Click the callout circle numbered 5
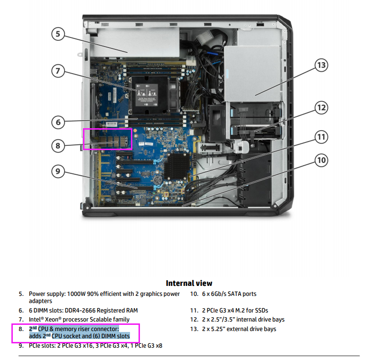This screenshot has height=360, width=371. pyautogui.click(x=58, y=35)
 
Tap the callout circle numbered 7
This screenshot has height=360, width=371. pyautogui.click(x=58, y=71)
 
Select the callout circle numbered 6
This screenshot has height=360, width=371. pyautogui.click(x=58, y=122)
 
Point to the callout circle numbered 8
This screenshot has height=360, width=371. pyautogui.click(x=58, y=146)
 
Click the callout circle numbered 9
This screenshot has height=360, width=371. pyautogui.click(x=58, y=171)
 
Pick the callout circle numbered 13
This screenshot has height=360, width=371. pyautogui.click(x=322, y=65)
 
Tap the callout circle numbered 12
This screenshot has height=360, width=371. pyautogui.click(x=322, y=108)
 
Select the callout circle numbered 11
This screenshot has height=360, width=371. pyautogui.click(x=322, y=138)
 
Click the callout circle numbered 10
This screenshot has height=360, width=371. pyautogui.click(x=322, y=160)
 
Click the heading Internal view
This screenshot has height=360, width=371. pyautogui.click(x=189, y=283)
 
